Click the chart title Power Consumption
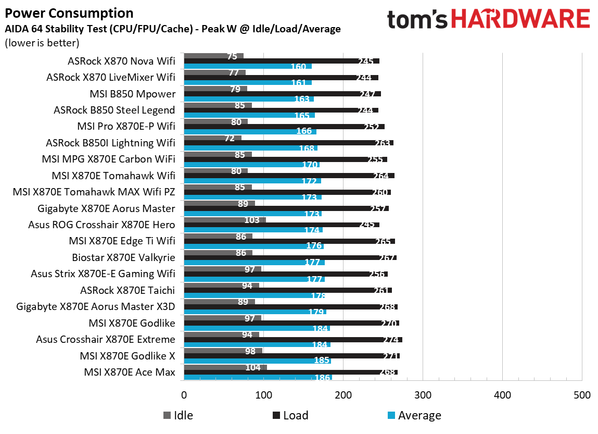click(69, 13)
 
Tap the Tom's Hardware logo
click(488, 20)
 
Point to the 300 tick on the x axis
click(423, 395)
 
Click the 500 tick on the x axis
click(581, 395)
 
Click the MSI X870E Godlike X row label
click(127, 356)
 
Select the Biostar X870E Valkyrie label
click(123, 257)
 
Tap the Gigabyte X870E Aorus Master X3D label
click(95, 307)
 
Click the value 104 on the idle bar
click(253, 367)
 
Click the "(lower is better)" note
click(42, 43)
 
